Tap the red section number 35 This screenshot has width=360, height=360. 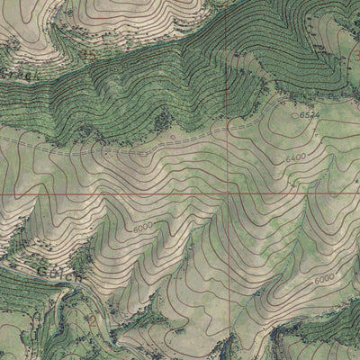click(x=88, y=51)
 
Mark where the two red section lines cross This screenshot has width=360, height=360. click(x=229, y=193)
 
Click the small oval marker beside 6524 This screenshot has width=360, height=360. click(x=294, y=115)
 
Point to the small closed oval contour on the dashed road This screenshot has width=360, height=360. click(x=174, y=137)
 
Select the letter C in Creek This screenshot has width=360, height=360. click(x=4, y=76)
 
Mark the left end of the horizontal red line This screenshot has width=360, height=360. click(x=1, y=193)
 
